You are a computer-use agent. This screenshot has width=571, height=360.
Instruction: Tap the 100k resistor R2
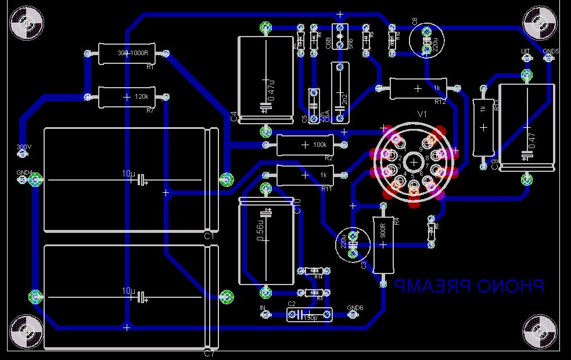click(305, 145)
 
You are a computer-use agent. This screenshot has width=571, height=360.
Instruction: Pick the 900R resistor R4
click(383, 244)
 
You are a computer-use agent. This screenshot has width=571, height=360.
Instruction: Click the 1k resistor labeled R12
click(418, 88)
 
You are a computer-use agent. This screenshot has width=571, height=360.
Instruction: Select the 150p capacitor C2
click(310, 315)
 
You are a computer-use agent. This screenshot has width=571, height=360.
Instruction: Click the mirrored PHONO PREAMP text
click(469, 286)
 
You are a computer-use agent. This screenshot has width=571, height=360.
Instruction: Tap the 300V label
click(23, 147)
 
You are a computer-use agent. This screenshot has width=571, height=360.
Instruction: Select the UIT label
click(526, 52)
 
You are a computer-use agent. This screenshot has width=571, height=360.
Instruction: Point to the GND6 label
click(354, 308)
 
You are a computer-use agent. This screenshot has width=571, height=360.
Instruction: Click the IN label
click(263, 308)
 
